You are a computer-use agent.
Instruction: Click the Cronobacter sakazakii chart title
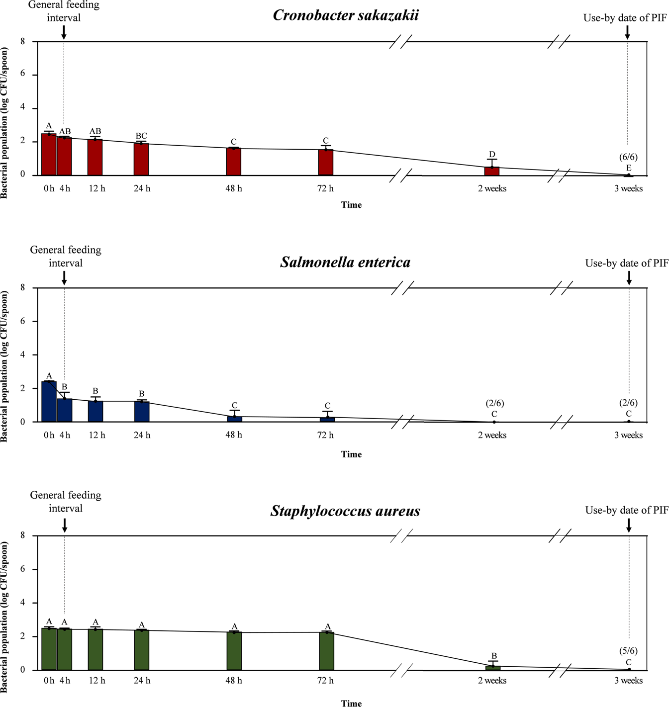coord(346,15)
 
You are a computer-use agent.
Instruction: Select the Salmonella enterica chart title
coord(345,262)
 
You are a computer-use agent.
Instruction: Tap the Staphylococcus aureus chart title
coord(345,511)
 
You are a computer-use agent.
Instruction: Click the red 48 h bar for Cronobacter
coord(233,162)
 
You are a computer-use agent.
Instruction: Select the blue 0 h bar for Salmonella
coord(49,401)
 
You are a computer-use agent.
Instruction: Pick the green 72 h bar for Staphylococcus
coord(326,651)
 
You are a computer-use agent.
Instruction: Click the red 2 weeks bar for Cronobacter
coord(491,171)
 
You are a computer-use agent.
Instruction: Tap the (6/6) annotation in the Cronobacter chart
coord(628,157)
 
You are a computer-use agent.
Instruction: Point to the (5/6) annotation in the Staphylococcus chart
coord(628,651)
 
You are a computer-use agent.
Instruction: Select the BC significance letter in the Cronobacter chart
coord(141,136)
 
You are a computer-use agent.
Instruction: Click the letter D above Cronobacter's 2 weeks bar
coord(492,155)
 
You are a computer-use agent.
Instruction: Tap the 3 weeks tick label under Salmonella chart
coord(628,435)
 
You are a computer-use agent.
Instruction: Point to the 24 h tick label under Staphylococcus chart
coord(142,681)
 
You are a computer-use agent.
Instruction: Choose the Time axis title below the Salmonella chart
coord(351,454)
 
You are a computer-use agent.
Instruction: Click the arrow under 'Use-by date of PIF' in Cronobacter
coord(627,32)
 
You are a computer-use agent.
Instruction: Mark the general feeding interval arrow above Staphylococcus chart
coord(65,526)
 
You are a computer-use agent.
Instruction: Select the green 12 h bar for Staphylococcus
coord(96,649)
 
